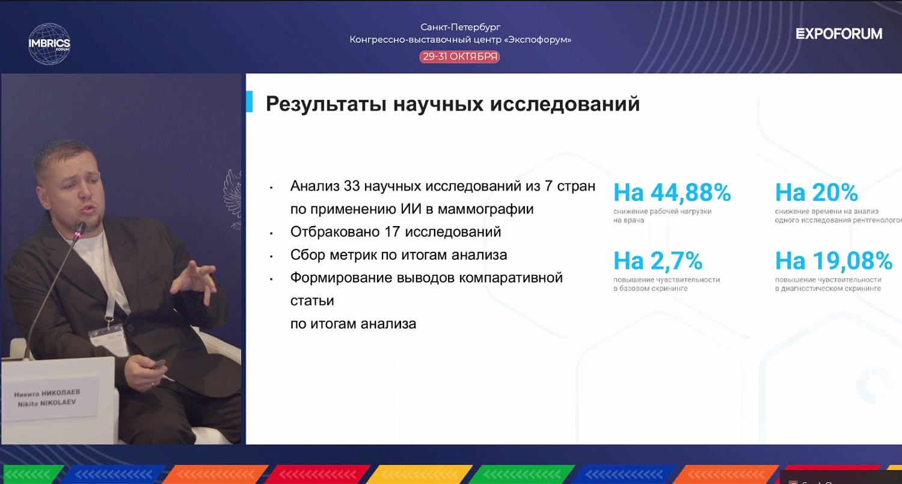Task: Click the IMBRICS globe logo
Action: coord(49,43)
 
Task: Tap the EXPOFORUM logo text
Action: coord(839,34)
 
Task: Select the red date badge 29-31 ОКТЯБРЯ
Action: coord(460,57)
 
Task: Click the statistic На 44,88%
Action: coord(672,192)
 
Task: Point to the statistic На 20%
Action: coord(816,192)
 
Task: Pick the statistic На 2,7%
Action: coord(658,261)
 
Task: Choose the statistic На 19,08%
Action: coord(833,261)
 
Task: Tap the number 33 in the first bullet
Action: coord(352,186)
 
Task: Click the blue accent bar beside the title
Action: coord(249,103)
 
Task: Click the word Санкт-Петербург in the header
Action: coord(460,27)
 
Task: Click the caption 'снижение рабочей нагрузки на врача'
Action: coord(662,215)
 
